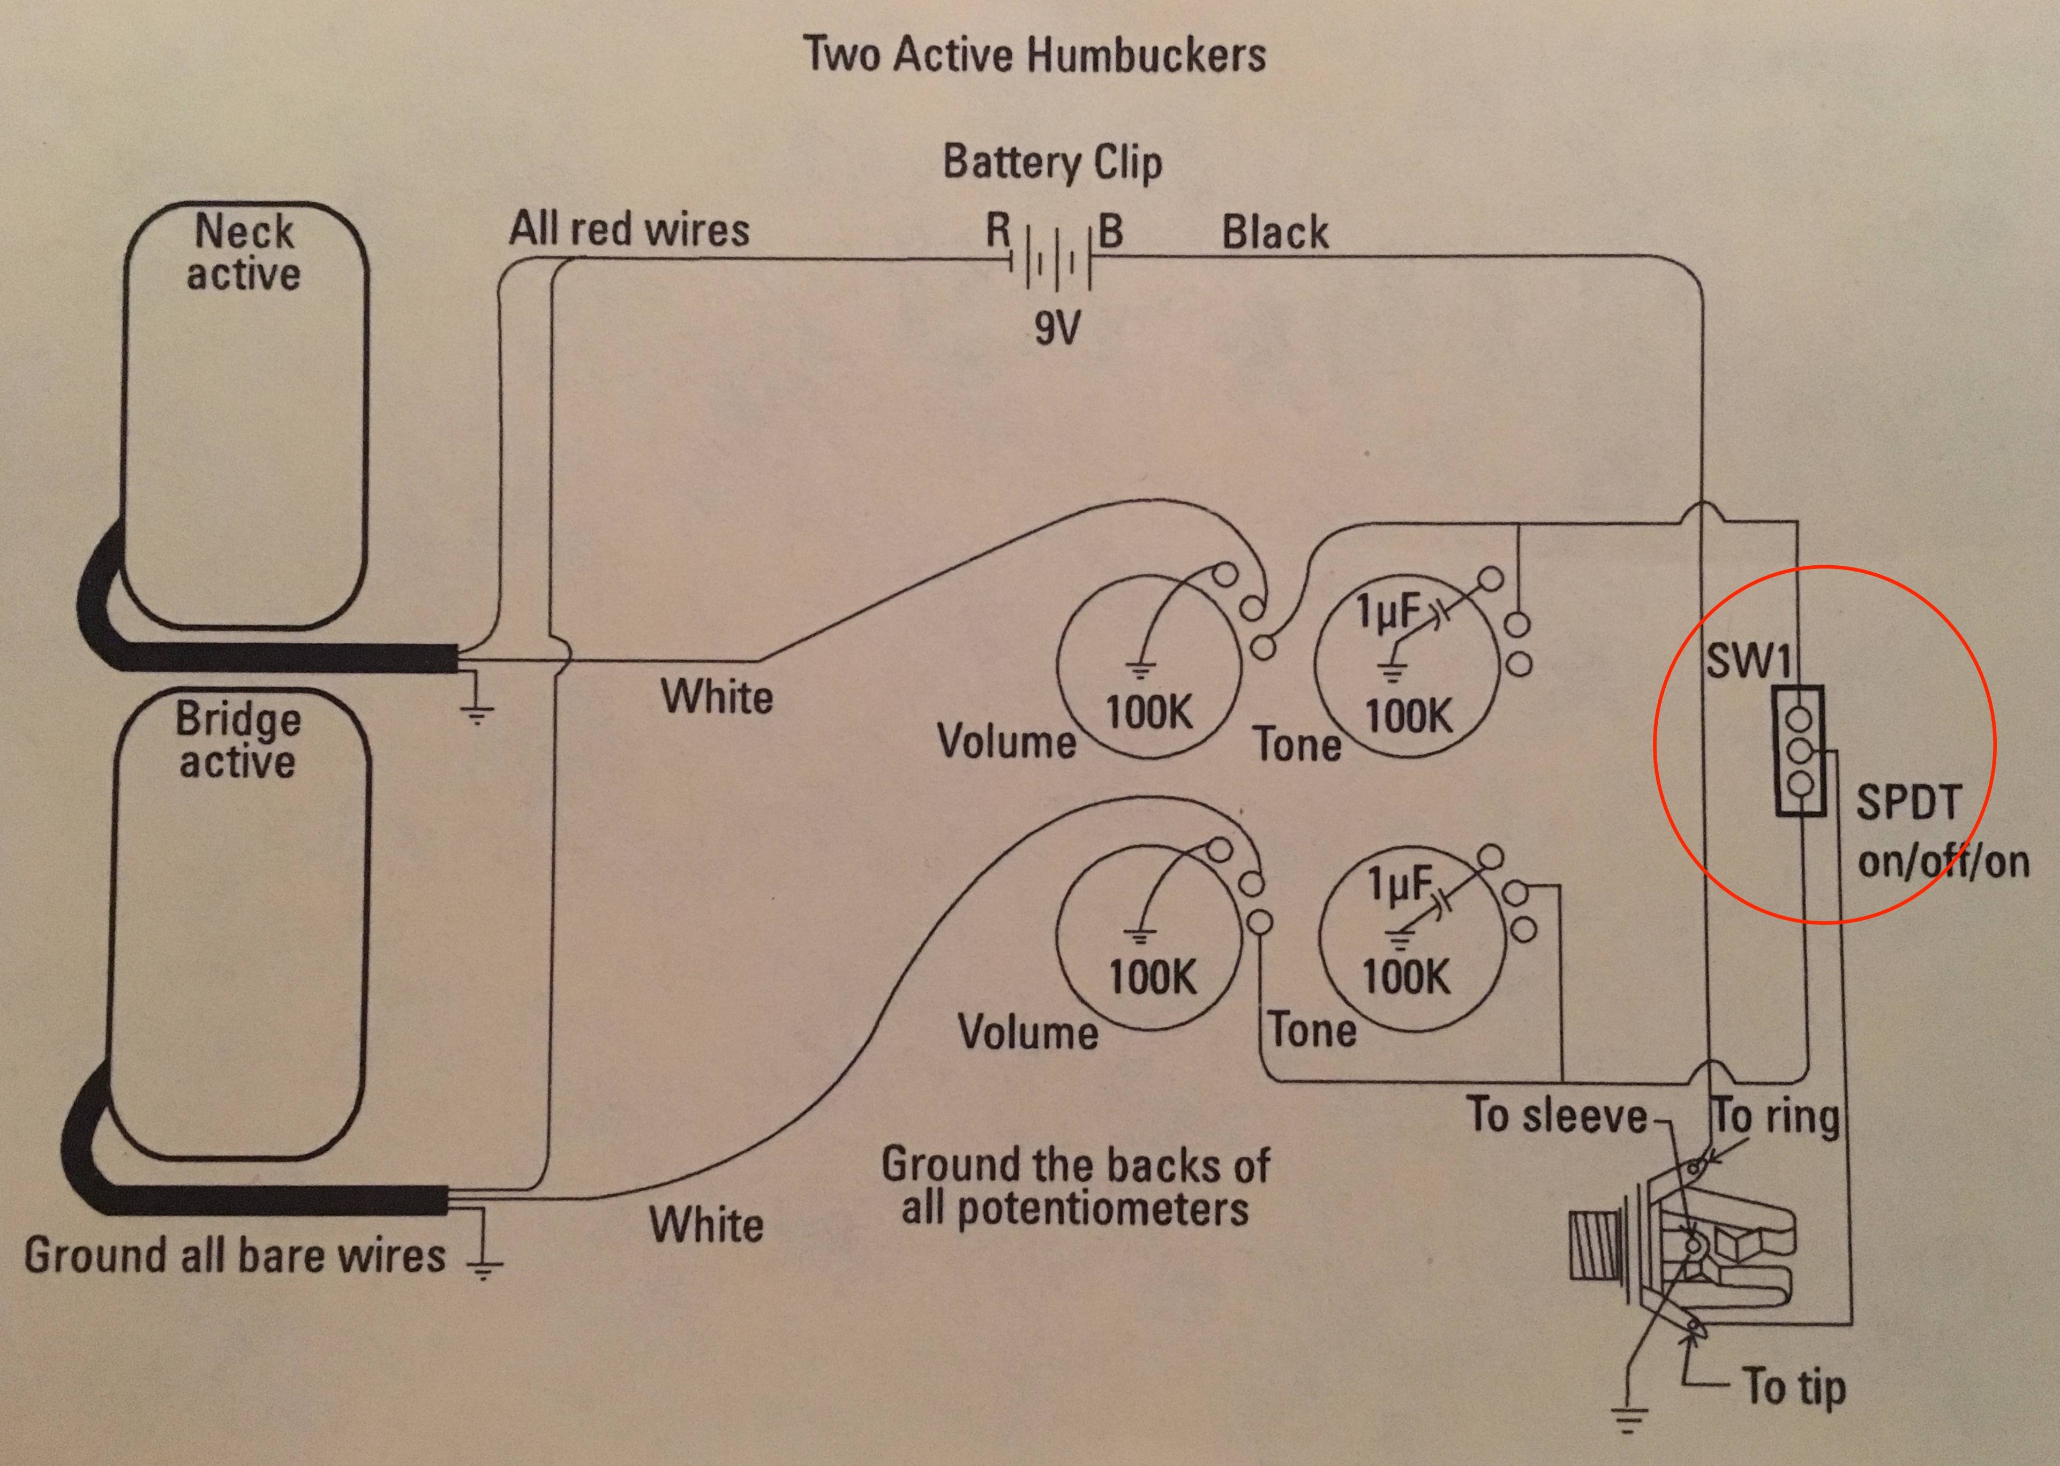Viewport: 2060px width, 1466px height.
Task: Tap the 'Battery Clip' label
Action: [1052, 163]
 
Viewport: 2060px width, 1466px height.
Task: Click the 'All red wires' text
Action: [629, 229]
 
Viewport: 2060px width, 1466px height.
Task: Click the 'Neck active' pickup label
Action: [244, 253]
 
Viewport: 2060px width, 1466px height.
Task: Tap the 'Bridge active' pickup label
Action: [237, 740]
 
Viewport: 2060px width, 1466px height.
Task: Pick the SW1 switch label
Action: [1748, 662]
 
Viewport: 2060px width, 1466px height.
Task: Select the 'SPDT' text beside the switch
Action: [1907, 802]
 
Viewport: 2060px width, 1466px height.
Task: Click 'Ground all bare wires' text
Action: [235, 1256]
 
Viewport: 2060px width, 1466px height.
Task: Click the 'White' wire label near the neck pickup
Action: [717, 697]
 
